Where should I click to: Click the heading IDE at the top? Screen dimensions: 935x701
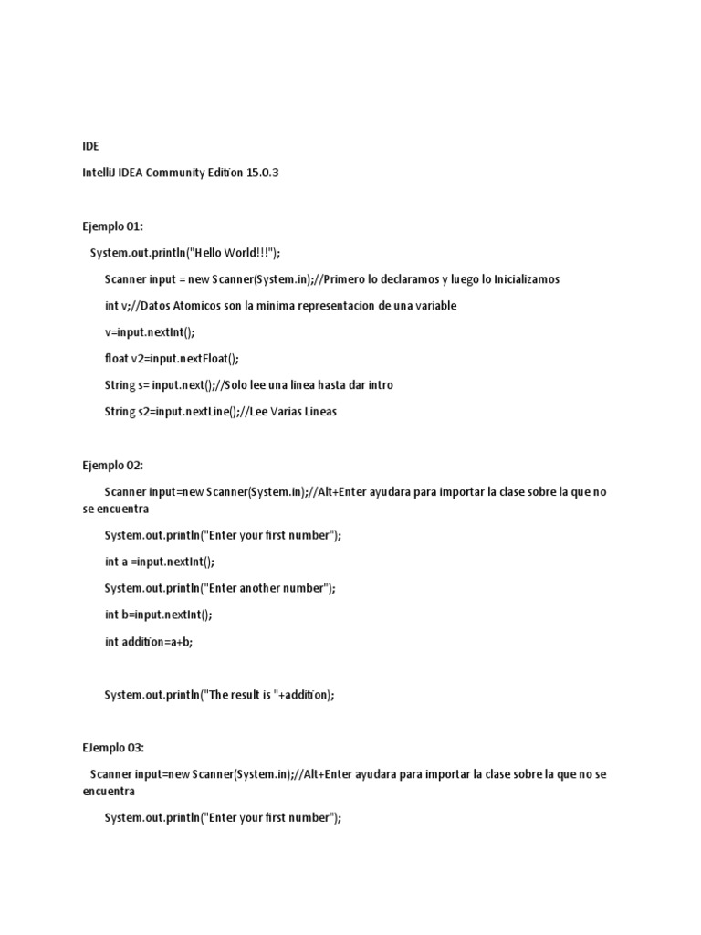[x=90, y=146]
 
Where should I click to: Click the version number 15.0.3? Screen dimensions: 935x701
[x=262, y=173]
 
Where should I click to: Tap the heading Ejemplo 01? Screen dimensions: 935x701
[x=112, y=226]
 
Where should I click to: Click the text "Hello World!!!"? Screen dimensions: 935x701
[x=230, y=252]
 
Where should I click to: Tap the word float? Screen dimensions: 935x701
[x=118, y=358]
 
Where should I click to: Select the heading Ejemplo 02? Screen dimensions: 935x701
[x=112, y=465]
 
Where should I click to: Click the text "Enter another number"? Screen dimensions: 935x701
[x=269, y=588]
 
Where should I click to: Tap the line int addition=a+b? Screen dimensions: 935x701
[x=149, y=641]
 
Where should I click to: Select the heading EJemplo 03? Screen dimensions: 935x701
[x=113, y=747]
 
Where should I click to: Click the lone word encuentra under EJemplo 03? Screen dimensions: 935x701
[x=109, y=792]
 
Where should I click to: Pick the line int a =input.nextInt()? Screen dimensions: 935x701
[x=160, y=562]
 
